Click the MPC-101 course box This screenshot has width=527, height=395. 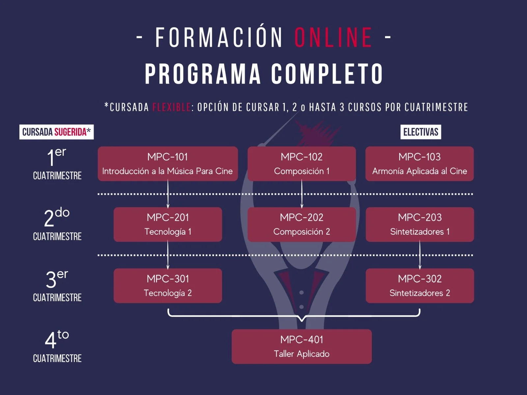(x=168, y=164)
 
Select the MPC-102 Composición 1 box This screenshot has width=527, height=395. (x=301, y=164)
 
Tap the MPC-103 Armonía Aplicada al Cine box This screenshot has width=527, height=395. (x=419, y=164)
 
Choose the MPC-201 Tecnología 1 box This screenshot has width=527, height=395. (x=168, y=224)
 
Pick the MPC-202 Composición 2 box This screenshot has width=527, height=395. (x=301, y=224)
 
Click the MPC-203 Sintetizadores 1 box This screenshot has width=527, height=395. (x=420, y=224)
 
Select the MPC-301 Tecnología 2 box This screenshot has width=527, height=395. (x=168, y=285)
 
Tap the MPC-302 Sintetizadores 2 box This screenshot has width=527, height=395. (x=420, y=285)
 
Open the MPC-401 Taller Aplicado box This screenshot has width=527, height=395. (x=301, y=346)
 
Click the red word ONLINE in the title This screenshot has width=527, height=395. (x=333, y=37)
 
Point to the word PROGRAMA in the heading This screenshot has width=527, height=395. (x=203, y=74)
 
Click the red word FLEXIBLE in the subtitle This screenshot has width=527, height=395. (x=171, y=107)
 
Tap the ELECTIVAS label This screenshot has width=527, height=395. (x=421, y=132)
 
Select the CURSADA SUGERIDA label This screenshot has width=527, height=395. (x=56, y=132)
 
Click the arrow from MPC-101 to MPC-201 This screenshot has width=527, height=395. (x=168, y=194)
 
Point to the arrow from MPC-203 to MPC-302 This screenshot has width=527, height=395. (x=420, y=255)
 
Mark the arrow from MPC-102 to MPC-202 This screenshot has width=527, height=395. (x=302, y=194)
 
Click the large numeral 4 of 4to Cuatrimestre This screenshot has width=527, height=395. (x=50, y=340)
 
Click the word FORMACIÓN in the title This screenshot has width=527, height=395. (x=219, y=37)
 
